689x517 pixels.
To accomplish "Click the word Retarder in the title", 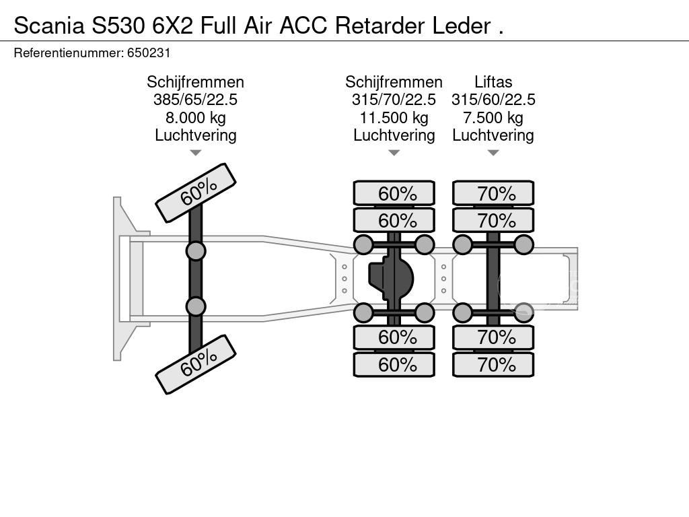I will (x=379, y=26).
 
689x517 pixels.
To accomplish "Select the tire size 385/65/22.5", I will (x=195, y=100).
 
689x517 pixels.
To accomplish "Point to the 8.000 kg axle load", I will (x=195, y=118).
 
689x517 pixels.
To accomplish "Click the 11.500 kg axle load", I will (x=394, y=118).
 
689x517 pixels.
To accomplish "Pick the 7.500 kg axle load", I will (x=493, y=118).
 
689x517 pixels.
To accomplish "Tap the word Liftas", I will (x=493, y=82).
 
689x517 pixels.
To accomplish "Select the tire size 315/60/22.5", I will (x=493, y=100).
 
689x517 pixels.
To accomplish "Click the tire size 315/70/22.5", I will (x=394, y=100).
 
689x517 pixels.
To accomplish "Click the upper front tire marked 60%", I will (x=196, y=193).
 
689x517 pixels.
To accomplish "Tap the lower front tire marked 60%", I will (x=196, y=364).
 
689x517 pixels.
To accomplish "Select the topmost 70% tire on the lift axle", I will (x=493, y=193).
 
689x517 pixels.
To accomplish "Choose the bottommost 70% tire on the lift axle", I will (x=493, y=365).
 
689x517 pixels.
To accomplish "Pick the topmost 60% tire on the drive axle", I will (x=394, y=193).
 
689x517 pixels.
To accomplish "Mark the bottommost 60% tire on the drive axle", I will (x=394, y=365).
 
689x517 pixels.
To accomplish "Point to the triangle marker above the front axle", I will (x=195, y=153).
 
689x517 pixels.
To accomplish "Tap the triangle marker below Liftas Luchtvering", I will (x=493, y=153).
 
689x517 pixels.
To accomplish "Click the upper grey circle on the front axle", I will (x=196, y=251).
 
